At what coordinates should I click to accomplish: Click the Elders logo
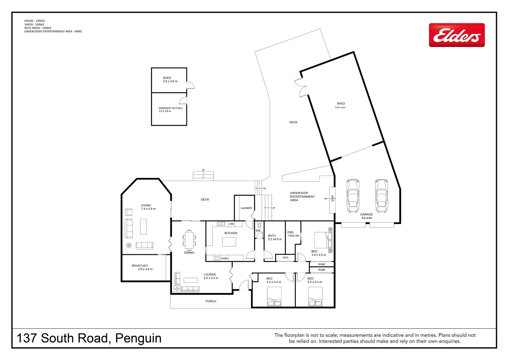click(456, 35)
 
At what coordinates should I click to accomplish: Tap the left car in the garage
click(353, 196)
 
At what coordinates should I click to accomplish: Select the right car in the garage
click(381, 196)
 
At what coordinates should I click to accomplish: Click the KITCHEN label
click(231, 233)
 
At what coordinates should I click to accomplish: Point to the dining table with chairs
click(189, 240)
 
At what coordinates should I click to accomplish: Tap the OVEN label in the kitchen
click(224, 258)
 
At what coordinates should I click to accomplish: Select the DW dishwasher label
click(232, 224)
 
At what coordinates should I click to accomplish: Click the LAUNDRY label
click(247, 208)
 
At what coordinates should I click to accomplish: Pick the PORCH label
click(211, 301)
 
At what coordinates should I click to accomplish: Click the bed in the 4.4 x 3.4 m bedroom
click(274, 297)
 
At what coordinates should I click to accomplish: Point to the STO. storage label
click(285, 258)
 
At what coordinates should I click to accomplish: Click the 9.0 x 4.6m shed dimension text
click(340, 108)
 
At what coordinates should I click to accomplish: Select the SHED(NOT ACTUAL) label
click(171, 108)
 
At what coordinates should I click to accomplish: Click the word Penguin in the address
click(138, 338)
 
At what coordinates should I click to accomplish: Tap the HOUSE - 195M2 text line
click(34, 21)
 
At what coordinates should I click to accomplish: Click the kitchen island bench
click(229, 242)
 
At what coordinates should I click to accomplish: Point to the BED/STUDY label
click(140, 266)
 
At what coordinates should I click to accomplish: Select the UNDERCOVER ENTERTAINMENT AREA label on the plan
click(302, 196)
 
